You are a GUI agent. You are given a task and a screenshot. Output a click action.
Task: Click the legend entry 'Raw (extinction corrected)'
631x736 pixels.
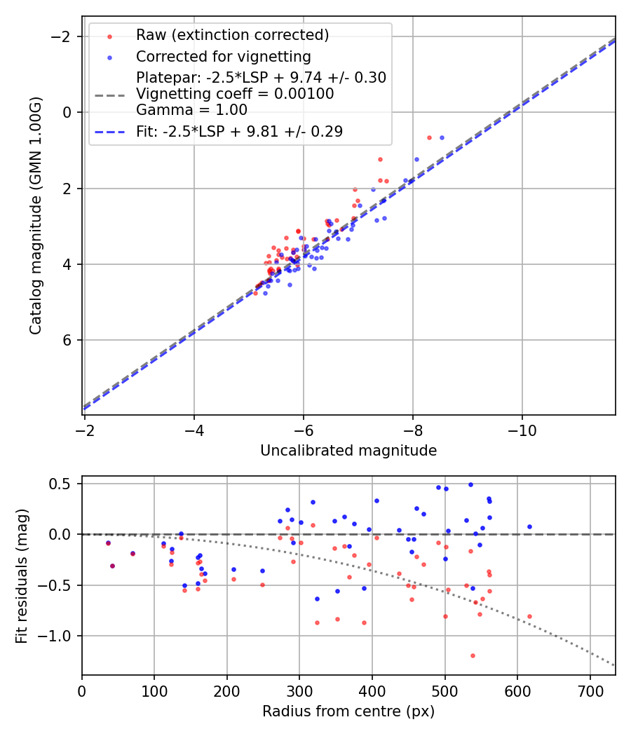232,35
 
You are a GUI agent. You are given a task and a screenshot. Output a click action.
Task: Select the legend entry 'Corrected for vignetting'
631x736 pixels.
223,56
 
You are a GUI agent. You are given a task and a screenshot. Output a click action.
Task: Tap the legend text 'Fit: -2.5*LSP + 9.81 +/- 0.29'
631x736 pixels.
239,132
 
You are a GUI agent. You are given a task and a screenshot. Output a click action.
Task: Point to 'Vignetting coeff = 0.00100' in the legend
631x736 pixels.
235,94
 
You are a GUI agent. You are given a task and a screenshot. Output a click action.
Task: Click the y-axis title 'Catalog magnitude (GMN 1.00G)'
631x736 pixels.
36,215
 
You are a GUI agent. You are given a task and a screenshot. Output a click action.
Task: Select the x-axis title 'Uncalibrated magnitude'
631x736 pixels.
348,451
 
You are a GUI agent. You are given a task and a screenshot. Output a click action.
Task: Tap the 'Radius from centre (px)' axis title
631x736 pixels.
348,711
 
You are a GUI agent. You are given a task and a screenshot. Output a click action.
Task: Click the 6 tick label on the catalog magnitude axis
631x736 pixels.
68,341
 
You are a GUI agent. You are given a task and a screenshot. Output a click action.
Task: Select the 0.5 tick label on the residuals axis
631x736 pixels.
63,484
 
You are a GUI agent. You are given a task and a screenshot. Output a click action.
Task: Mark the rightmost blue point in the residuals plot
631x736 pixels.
529,526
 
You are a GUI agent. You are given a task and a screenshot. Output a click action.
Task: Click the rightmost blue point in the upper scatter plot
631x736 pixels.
442,137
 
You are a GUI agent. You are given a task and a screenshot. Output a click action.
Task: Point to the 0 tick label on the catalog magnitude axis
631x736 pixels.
68,112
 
